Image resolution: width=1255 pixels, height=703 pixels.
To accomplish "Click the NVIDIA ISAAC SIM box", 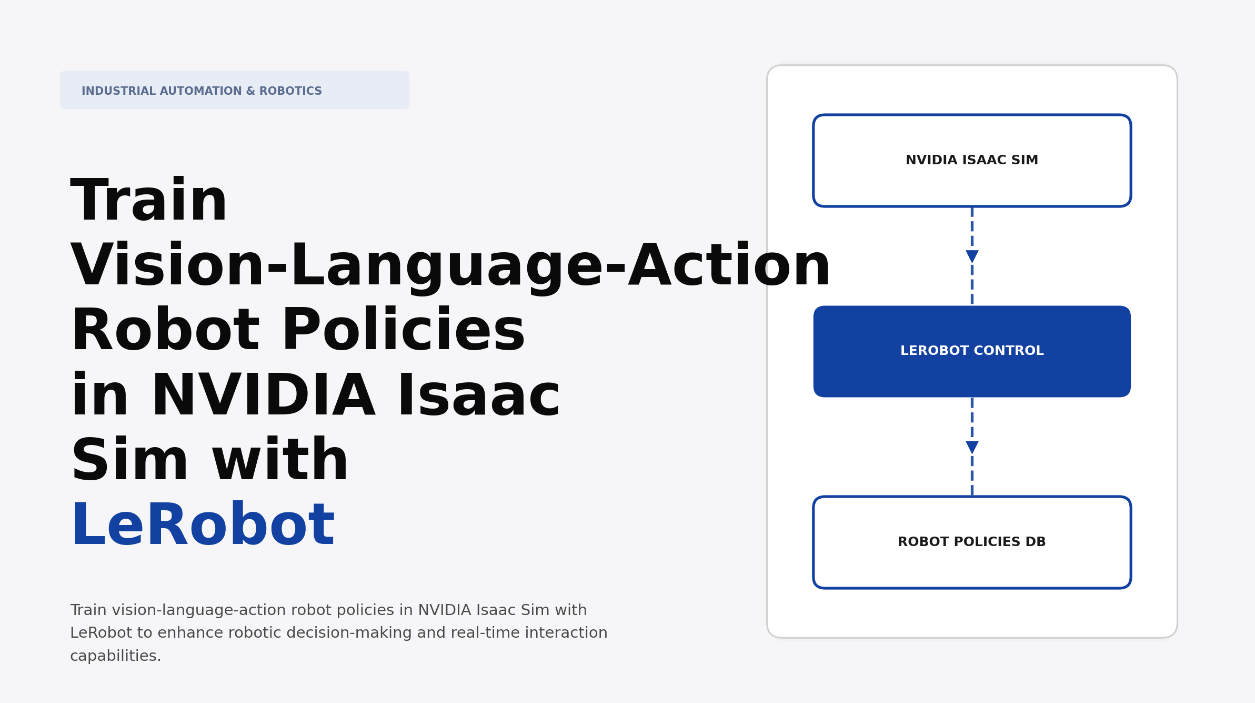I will click(971, 160).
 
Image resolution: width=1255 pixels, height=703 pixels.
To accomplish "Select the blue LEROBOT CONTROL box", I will click(971, 351).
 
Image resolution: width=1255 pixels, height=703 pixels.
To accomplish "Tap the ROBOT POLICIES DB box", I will click(971, 542).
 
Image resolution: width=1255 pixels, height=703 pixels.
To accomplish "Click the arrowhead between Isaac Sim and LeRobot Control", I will click(972, 256).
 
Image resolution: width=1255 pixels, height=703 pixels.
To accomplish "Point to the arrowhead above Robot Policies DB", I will click(972, 447).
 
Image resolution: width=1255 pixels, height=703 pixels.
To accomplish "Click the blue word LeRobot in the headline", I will click(203, 526).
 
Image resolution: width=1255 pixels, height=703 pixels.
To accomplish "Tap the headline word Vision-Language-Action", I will click(450, 266).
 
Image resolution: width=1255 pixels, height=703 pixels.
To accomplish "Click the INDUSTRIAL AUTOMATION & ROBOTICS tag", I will click(202, 91).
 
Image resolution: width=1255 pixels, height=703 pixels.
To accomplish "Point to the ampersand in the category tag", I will click(250, 91).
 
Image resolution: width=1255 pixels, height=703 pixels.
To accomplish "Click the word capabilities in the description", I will click(115, 656).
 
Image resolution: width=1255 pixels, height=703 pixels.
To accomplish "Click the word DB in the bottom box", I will click(1035, 542).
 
